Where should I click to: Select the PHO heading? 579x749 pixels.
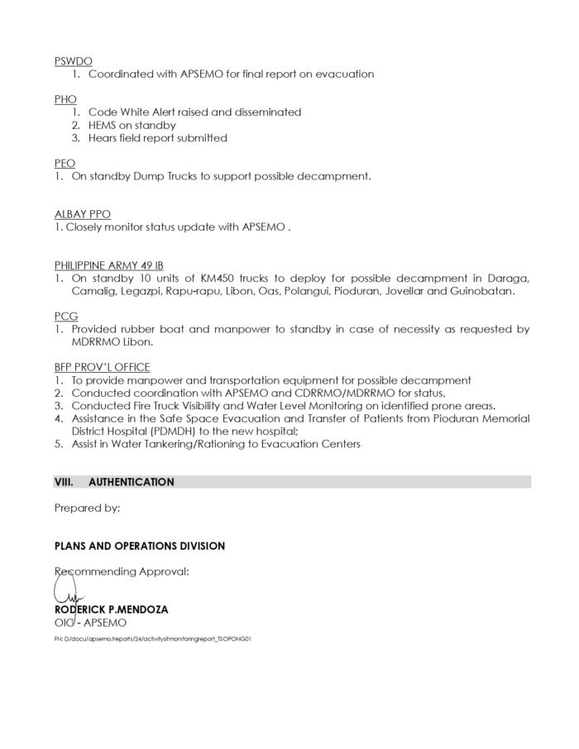[65, 99]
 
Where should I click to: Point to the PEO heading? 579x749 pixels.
[65, 164]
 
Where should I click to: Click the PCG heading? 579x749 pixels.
[65, 317]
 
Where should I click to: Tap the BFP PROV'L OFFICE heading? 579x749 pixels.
[102, 367]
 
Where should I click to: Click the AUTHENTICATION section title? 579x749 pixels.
[132, 482]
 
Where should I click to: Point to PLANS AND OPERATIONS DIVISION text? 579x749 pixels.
[139, 546]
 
